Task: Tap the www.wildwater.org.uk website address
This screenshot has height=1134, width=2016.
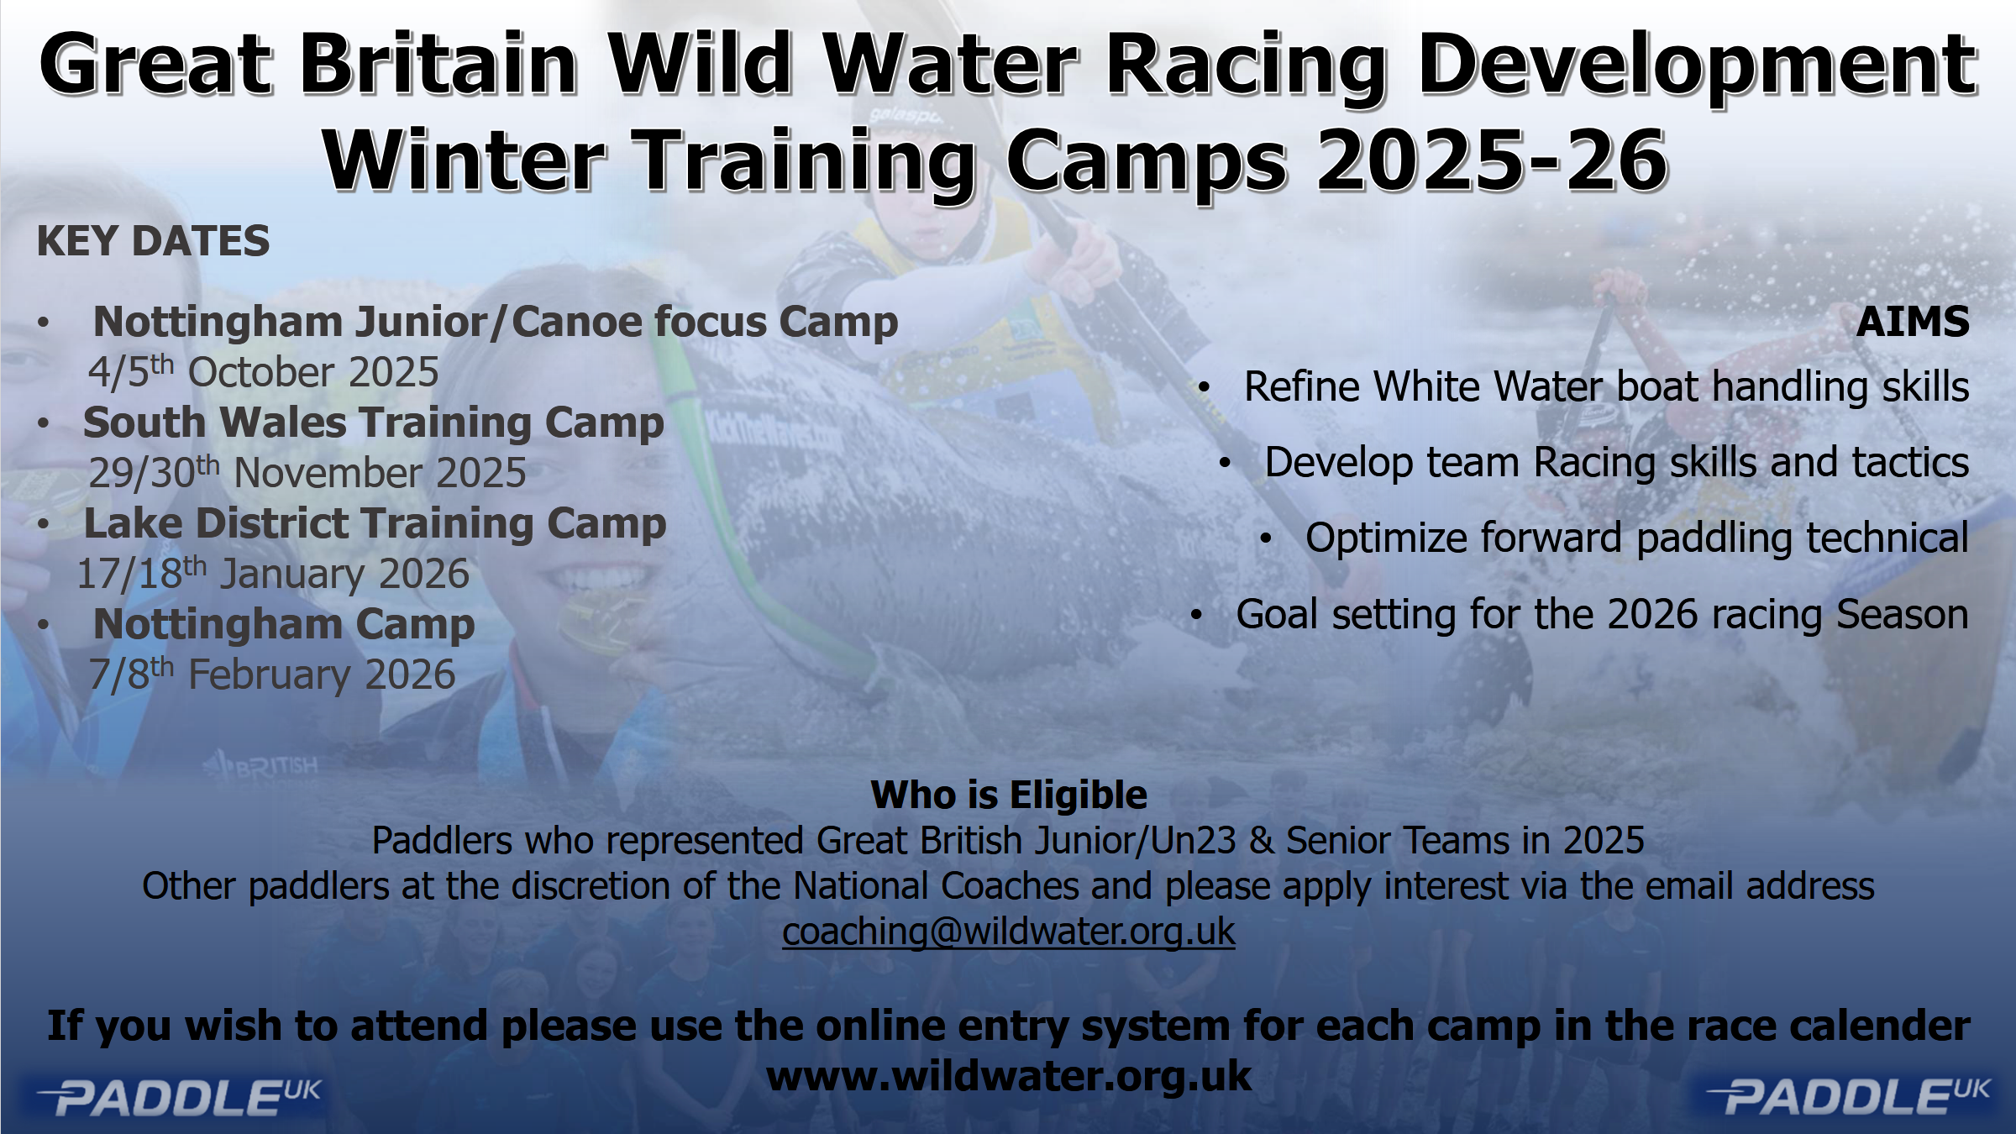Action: pyautogui.click(x=1009, y=1076)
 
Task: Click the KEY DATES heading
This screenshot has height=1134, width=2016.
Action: pyautogui.click(x=153, y=242)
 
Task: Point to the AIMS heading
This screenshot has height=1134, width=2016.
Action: pyautogui.click(x=1913, y=322)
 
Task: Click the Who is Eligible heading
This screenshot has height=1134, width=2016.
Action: pyautogui.click(x=1009, y=795)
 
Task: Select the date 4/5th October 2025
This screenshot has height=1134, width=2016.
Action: pyautogui.click(x=264, y=372)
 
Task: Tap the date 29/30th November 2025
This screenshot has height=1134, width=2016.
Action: pyautogui.click(x=307, y=472)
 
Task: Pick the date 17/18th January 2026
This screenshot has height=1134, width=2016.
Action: pyautogui.click(x=273, y=574)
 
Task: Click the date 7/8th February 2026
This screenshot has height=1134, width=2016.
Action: pyautogui.click(x=272, y=675)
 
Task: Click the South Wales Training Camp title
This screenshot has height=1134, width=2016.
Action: pyautogui.click(x=374, y=423)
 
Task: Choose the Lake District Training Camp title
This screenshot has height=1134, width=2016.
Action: pyautogui.click(x=375, y=524)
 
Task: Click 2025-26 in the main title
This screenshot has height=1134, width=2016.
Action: pyautogui.click(x=1492, y=160)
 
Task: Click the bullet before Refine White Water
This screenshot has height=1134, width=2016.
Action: pyautogui.click(x=1204, y=388)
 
